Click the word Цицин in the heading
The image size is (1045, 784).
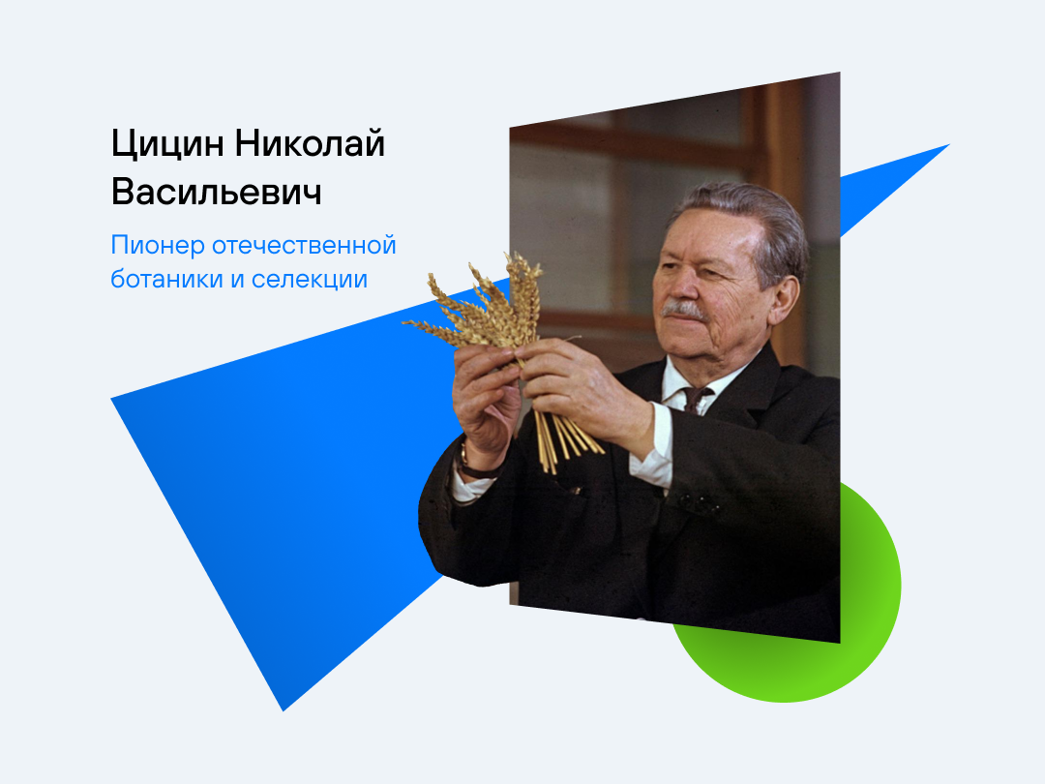click(167, 144)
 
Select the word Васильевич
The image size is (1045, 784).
click(217, 192)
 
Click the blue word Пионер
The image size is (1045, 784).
click(158, 246)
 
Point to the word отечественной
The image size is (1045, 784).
click(304, 245)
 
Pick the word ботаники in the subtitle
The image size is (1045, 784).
click(166, 278)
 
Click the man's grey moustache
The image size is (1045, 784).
click(682, 310)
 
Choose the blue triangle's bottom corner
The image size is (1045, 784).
click(284, 710)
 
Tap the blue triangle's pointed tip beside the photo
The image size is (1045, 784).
click(948, 144)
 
